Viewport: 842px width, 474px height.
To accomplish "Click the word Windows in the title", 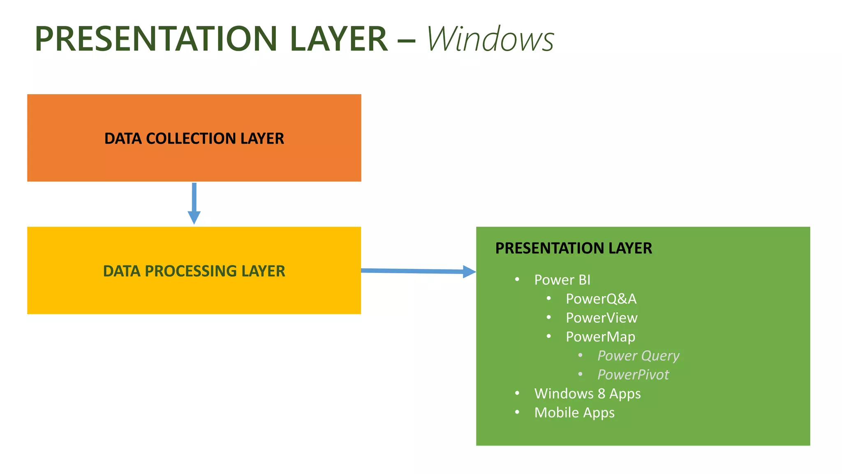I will coord(490,39).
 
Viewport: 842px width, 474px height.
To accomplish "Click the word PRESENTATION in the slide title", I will coord(156,39).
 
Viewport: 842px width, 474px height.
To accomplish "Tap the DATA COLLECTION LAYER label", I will coord(194,139).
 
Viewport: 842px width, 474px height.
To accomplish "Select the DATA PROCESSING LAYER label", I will coord(194,271).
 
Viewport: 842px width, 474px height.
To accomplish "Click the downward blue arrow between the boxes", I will coord(194,204).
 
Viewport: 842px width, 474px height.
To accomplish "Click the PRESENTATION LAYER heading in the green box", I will coord(574,248).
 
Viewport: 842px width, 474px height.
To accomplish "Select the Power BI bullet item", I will coord(562,280).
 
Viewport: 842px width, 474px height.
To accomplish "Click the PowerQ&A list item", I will coord(601,299).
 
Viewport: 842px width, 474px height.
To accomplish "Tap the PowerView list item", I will coord(601,318).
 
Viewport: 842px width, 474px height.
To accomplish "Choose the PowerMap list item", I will coord(600,337).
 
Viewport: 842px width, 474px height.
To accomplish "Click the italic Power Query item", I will coord(638,355).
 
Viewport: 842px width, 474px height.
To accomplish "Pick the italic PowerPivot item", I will coord(633,374).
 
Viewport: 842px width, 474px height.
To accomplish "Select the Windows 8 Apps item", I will coord(587,393).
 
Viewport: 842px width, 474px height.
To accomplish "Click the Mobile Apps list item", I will coord(574,412).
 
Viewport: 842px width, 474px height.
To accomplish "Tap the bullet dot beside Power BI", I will coord(517,279).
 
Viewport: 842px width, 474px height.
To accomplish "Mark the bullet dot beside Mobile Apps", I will coord(517,412).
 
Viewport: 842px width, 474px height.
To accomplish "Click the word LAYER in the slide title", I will coord(338,39).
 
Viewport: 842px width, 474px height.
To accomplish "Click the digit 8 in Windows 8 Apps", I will coord(601,393).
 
